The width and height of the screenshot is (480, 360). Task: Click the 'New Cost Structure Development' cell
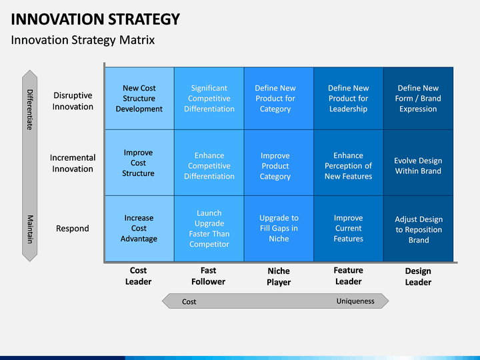coord(139,98)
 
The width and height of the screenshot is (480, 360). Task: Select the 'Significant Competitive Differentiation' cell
coord(209,98)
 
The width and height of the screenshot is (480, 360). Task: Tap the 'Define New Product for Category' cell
coord(279,98)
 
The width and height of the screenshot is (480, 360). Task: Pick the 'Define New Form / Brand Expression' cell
coord(418,98)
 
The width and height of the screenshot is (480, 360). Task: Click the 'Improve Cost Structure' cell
coord(139,163)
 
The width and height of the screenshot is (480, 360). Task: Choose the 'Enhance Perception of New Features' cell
coord(349,163)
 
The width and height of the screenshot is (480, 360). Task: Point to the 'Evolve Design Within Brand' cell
coord(418,163)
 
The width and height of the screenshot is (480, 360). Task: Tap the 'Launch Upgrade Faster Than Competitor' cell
coord(209,229)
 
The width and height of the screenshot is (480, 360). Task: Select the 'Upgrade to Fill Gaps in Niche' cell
coord(279,229)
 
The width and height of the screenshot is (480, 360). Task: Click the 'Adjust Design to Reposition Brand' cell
coord(418,229)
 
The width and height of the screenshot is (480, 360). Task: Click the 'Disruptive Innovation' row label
coord(73,101)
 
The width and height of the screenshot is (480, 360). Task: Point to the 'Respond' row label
coord(73,229)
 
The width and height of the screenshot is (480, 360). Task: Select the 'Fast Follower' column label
coord(208,276)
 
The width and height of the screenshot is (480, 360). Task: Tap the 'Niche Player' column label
coord(279,277)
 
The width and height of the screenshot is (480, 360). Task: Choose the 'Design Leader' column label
coord(418,277)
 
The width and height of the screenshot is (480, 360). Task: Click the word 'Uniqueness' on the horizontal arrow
coord(355,301)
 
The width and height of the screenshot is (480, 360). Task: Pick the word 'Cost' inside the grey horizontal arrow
coord(189,301)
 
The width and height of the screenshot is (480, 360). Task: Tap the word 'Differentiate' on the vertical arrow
coord(30,109)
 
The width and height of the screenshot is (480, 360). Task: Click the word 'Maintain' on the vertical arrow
coord(30,229)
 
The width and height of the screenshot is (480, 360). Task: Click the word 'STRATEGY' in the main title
coord(144,19)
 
